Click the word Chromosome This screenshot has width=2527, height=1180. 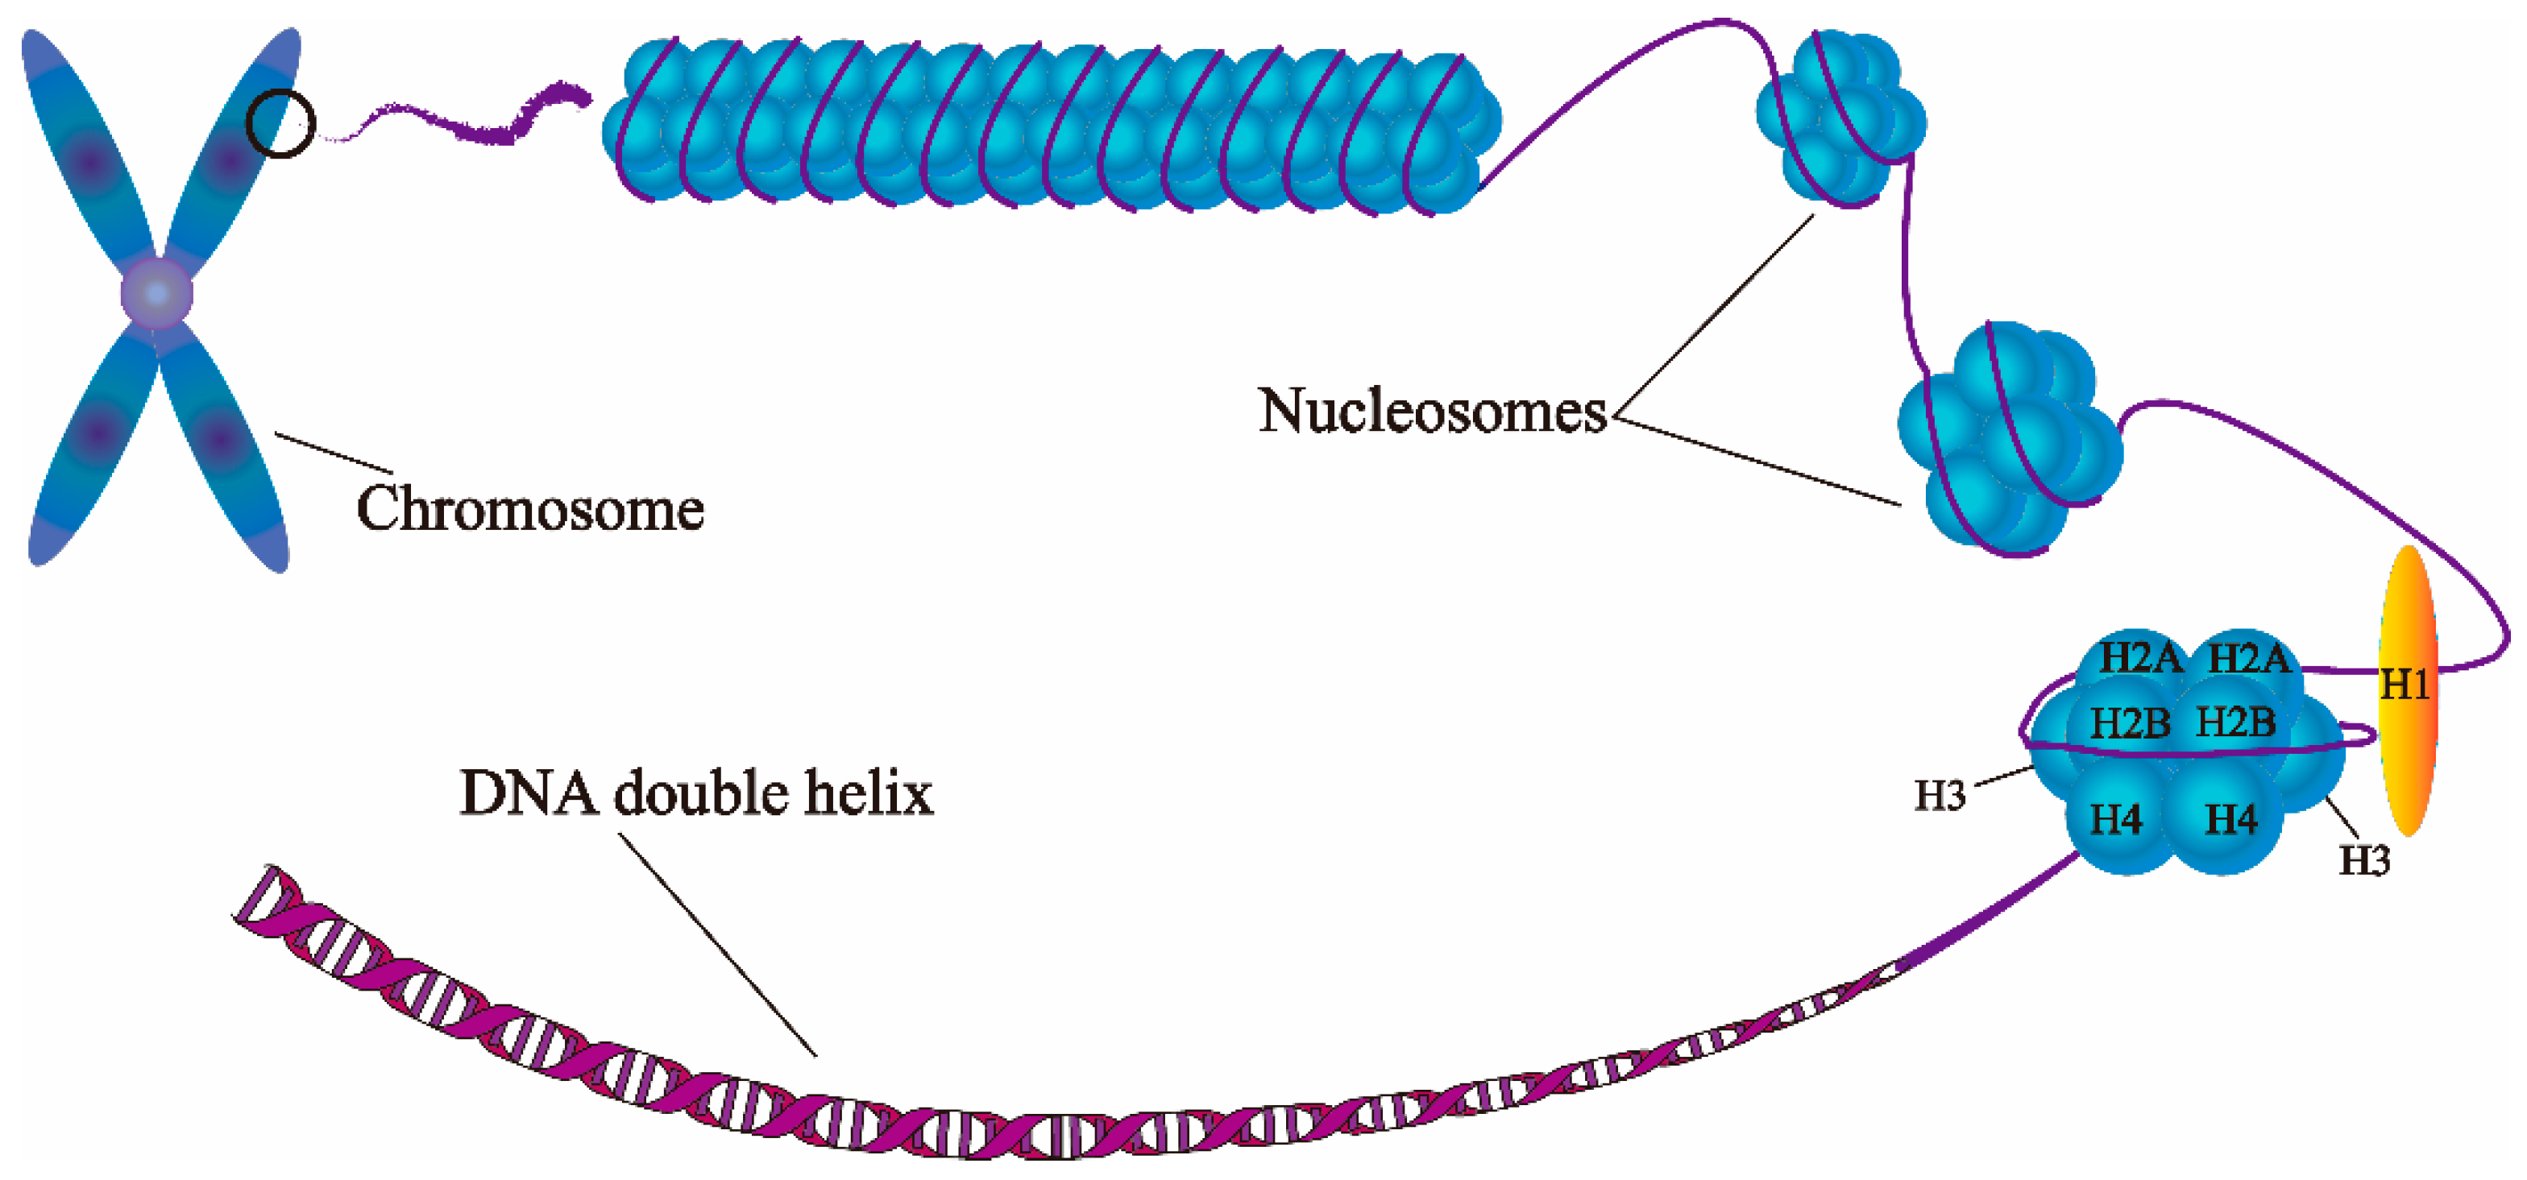[x=529, y=509]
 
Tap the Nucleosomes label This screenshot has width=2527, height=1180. [x=1432, y=411]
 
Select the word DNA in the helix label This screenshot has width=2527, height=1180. [x=528, y=793]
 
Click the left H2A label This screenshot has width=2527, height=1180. [x=2139, y=658]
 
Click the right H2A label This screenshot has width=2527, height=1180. [x=2248, y=658]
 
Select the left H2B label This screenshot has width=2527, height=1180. [x=2130, y=723]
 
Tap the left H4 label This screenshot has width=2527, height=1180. [x=2116, y=819]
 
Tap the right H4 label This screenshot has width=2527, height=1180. [x=2230, y=819]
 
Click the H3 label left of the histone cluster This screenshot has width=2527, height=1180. [x=1940, y=796]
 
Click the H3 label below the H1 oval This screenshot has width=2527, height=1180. [x=2364, y=860]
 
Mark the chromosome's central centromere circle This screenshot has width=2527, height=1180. [x=157, y=293]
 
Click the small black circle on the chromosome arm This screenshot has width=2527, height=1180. [x=280, y=123]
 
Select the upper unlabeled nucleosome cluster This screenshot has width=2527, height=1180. [x=1840, y=120]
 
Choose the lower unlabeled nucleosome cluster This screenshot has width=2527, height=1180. [x=2006, y=441]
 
